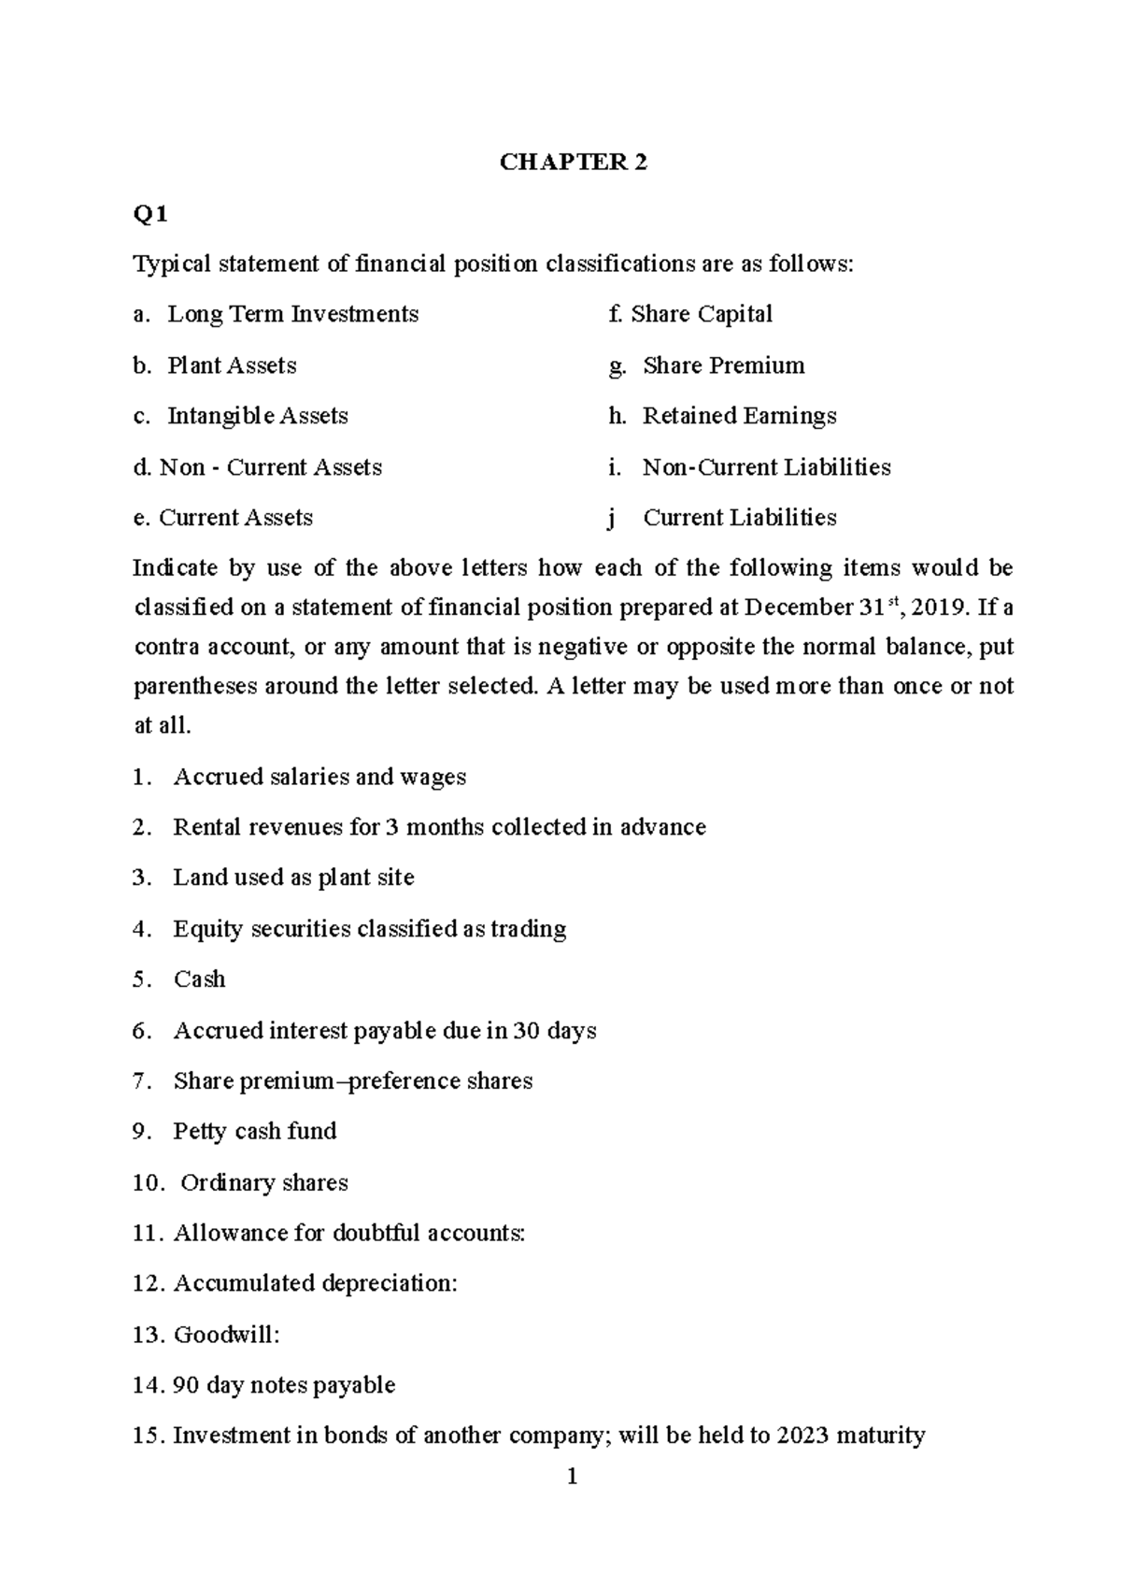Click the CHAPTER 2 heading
(x=573, y=163)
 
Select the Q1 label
(x=149, y=215)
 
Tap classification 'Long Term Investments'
(x=292, y=314)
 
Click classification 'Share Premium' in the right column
(x=723, y=365)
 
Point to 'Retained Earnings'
(x=739, y=416)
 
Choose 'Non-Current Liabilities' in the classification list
(x=766, y=467)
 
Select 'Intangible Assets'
(x=257, y=416)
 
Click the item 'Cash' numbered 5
(x=199, y=979)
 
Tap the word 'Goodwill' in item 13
(x=224, y=1335)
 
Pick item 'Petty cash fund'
(x=254, y=1131)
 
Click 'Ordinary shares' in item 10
(x=263, y=1182)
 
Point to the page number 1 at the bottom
(x=573, y=1478)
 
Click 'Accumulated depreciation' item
(x=314, y=1283)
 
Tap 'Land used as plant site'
(x=293, y=878)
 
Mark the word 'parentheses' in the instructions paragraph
(x=193, y=686)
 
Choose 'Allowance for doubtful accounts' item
(x=348, y=1233)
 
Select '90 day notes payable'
(x=284, y=1385)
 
